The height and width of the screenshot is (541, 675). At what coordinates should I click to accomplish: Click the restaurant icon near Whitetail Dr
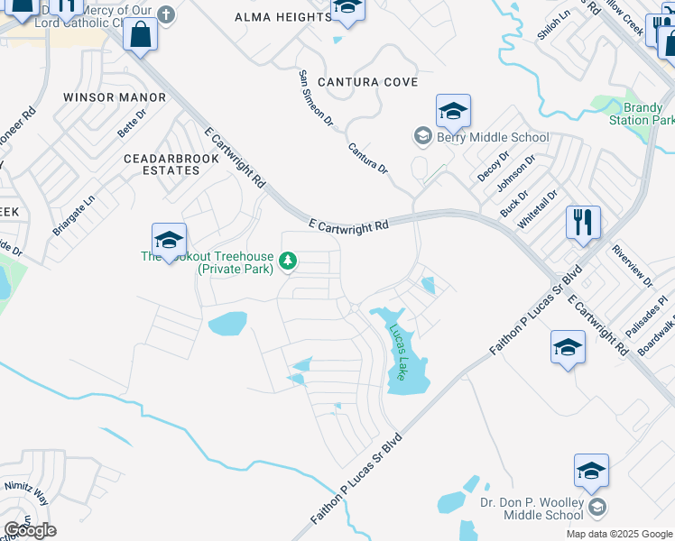pos(583,222)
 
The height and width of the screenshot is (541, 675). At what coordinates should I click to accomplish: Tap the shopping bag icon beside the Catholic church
pos(141,35)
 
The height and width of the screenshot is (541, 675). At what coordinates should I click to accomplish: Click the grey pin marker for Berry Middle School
pos(421,136)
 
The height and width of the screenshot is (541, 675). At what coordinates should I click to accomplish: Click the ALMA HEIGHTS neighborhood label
pos(282,17)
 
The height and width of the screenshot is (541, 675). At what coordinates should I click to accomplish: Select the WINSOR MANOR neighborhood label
pos(115,96)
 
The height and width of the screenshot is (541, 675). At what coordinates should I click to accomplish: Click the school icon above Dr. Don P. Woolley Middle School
pos(591,472)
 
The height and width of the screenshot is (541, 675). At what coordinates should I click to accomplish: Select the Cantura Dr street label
pos(368,157)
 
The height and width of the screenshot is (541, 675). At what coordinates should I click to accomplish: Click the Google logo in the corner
pos(30,530)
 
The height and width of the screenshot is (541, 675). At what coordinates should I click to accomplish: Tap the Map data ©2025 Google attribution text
pos(618,534)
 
